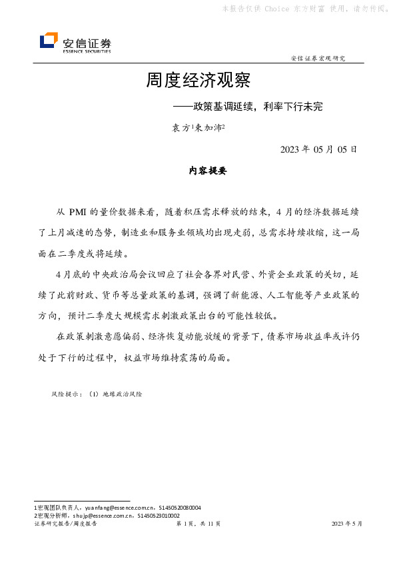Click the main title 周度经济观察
(x=198, y=81)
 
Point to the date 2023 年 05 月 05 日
(x=319, y=149)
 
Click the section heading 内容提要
(x=208, y=171)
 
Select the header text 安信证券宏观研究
(x=318, y=59)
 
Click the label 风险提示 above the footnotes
(x=65, y=394)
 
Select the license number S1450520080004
(x=179, y=507)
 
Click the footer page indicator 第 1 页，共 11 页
(x=198, y=524)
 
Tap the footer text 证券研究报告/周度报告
(x=65, y=524)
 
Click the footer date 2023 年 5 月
(x=347, y=524)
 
